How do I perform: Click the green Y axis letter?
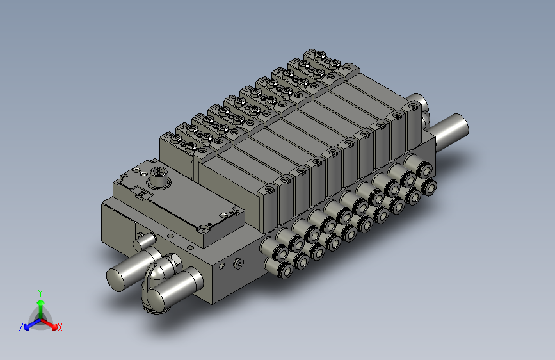tap(40, 293)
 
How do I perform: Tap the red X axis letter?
tap(60, 327)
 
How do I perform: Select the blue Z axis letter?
tap(21, 327)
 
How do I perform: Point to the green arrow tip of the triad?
tap(41, 302)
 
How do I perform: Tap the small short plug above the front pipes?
tap(143, 241)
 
